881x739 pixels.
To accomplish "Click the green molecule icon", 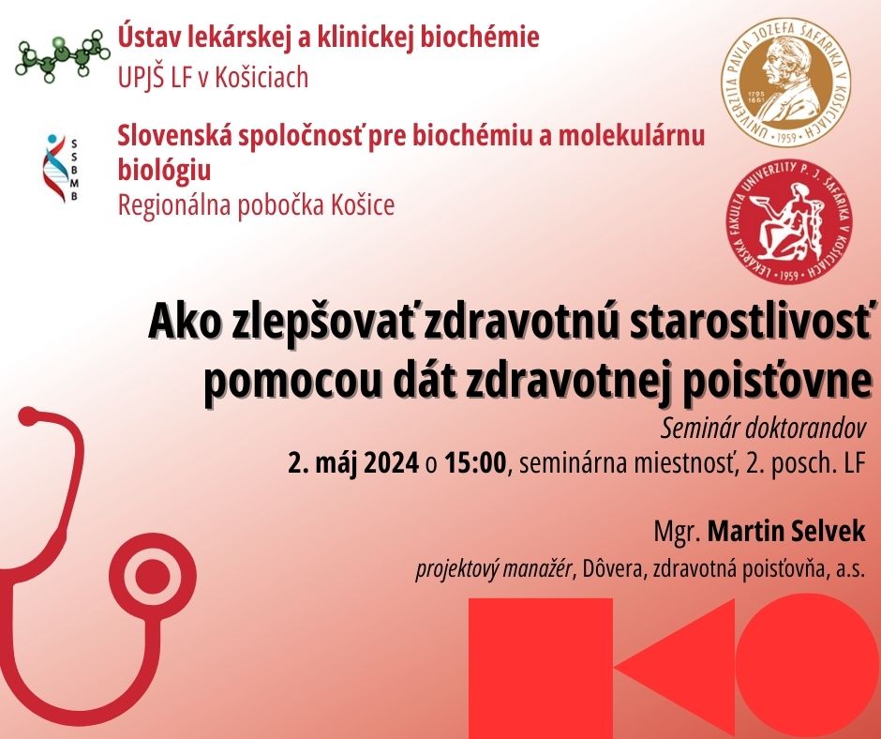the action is (62, 54).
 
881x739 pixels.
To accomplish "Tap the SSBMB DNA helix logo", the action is (61, 168).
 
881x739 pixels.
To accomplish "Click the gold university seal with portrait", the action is (785, 83).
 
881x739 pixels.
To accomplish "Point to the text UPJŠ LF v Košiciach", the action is (213, 78).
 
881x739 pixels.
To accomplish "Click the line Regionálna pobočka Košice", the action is (256, 205).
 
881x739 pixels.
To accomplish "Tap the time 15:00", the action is (475, 463).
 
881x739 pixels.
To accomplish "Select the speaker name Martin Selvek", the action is (786, 532).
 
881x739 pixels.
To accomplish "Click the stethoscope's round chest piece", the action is (152, 577).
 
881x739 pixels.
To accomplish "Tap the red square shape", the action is (541, 669).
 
